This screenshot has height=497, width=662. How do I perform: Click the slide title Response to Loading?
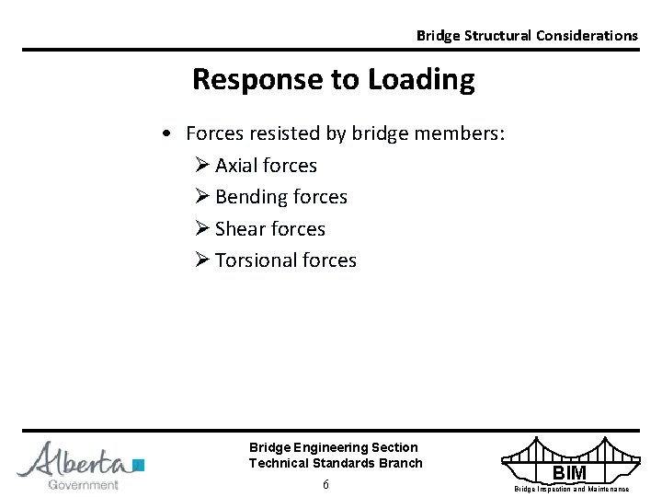tap(333, 81)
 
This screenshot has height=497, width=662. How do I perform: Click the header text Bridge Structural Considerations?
tap(526, 35)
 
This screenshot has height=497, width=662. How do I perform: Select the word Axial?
tap(237, 166)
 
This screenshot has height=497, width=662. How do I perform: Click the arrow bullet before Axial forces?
tap(202, 166)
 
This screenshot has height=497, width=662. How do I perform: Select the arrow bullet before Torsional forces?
tap(202, 260)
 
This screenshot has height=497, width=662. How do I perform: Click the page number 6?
tap(325, 485)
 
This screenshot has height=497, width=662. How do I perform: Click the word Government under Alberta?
tap(83, 484)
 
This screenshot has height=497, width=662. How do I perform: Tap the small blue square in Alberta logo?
tap(139, 464)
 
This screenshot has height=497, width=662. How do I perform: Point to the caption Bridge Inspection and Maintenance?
tap(571, 489)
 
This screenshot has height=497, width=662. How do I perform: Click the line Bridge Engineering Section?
tap(333, 447)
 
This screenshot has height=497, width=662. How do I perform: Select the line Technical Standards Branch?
tap(336, 463)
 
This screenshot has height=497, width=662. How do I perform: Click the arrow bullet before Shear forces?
tap(202, 228)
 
